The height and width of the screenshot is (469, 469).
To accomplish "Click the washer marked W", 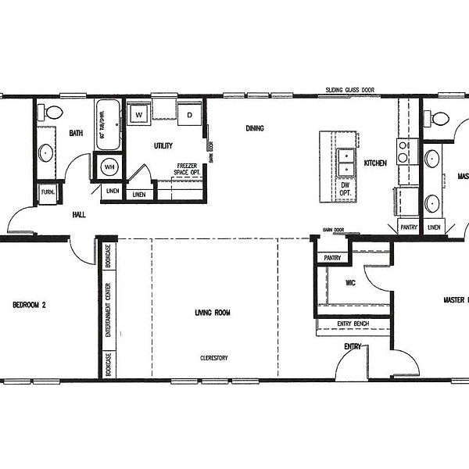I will coord(139,115).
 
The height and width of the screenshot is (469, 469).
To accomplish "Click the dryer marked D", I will coord(189,115).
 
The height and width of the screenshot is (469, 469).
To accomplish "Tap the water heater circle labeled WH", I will coord(109,166).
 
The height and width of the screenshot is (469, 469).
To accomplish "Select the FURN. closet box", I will coord(48,192).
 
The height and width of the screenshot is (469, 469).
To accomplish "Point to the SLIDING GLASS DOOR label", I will coord(350,91).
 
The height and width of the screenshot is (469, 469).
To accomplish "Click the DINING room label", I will coord(255,128).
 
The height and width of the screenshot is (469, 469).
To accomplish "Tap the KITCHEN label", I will coord(374,163).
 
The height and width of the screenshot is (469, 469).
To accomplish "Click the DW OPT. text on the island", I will coord(345,188).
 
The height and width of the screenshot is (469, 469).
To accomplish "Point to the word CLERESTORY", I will coord(213,357).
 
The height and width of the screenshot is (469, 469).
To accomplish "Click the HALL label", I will coord(79,214).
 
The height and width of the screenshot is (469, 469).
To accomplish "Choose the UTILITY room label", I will coord(163,145).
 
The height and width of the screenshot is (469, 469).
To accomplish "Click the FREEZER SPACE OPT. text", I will coord(186,169).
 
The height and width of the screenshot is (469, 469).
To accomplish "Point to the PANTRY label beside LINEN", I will coord(408,227).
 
